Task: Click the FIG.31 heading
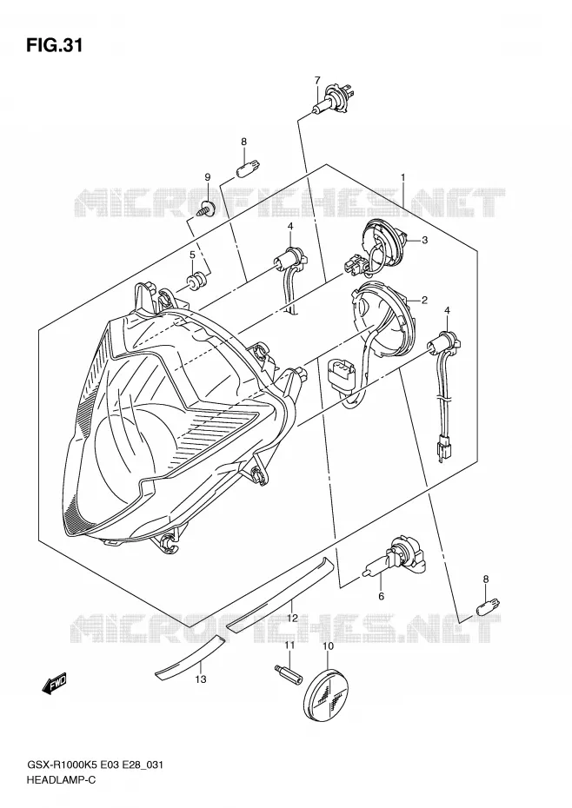(x=54, y=45)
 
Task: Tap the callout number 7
(x=317, y=81)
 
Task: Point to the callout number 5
(x=192, y=255)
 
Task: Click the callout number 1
(x=402, y=177)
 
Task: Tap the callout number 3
(x=424, y=240)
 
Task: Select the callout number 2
(x=424, y=300)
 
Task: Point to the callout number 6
(x=381, y=597)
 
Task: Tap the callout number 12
(x=292, y=618)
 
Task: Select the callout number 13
(x=201, y=679)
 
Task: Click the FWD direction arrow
(x=55, y=685)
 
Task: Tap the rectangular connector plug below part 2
(x=342, y=375)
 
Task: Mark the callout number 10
(x=328, y=646)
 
